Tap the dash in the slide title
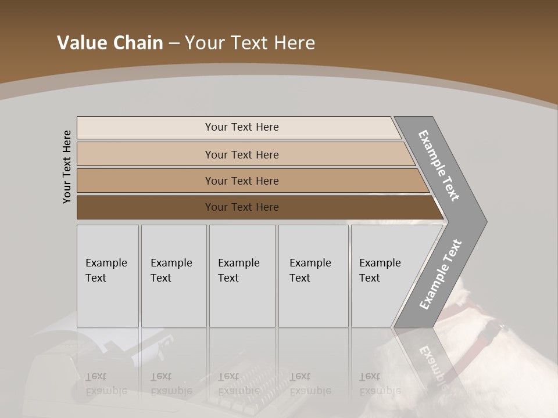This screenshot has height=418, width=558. click(174, 44)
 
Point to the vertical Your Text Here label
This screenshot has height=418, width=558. click(67, 167)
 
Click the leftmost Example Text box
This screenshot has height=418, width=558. click(108, 276)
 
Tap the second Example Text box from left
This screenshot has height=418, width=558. click(174, 276)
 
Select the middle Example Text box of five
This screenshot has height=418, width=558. click(242, 276)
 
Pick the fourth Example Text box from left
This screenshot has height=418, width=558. click(313, 276)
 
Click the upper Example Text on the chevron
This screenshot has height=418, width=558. click(439, 165)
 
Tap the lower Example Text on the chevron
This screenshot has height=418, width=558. click(440, 275)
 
